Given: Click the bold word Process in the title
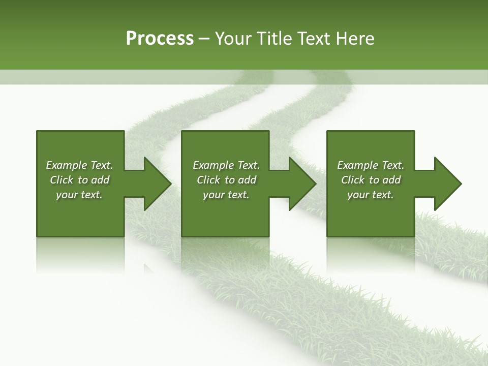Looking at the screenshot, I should tap(160, 39).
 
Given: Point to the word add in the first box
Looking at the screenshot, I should tap(101, 180).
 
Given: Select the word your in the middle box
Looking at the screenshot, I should tap(213, 195).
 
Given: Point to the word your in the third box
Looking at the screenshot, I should tap(358, 195).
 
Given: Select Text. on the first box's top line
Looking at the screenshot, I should tap(102, 165).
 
